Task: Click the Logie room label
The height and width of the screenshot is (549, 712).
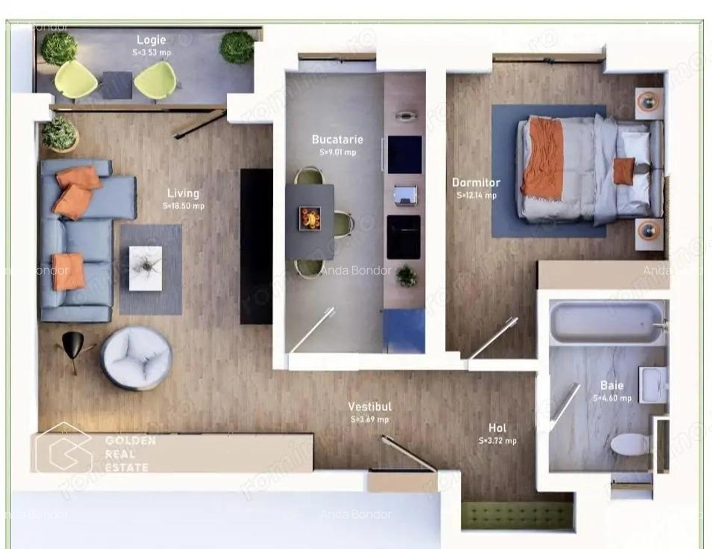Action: pyautogui.click(x=151, y=40)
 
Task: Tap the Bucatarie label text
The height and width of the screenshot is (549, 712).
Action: pyautogui.click(x=337, y=140)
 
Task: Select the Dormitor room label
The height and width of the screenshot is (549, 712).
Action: pyautogui.click(x=475, y=182)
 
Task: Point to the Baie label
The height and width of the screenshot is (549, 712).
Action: pyautogui.click(x=611, y=386)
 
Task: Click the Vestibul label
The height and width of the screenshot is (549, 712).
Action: pyautogui.click(x=369, y=407)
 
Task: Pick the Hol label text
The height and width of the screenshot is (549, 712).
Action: pyautogui.click(x=497, y=428)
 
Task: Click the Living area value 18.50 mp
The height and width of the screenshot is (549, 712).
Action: pyautogui.click(x=183, y=207)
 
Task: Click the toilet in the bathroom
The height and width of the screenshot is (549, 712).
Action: pyautogui.click(x=630, y=444)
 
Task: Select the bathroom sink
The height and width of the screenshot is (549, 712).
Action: pyautogui.click(x=653, y=384)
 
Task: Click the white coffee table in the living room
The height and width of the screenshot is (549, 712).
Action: pyautogui.click(x=146, y=268)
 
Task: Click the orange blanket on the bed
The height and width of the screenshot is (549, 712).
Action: pyautogui.click(x=541, y=157)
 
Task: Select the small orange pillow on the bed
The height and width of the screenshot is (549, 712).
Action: pyautogui.click(x=624, y=171)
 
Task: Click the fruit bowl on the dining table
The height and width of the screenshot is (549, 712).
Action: pyautogui.click(x=310, y=218)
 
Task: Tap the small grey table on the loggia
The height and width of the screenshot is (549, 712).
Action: pyautogui.click(x=116, y=85)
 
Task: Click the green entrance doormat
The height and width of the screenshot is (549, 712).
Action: pyautogui.click(x=517, y=515)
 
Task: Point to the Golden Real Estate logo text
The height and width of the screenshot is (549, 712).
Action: pyautogui.click(x=130, y=454)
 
